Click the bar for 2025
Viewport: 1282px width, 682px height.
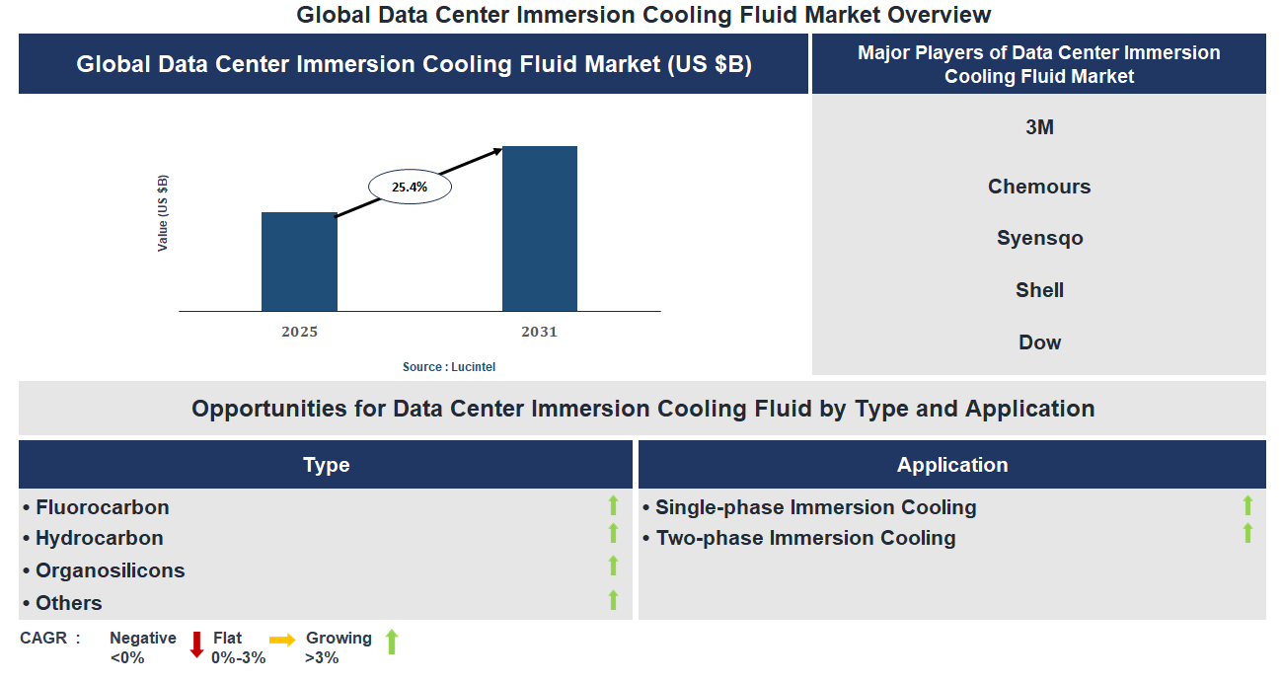pyautogui.click(x=299, y=262)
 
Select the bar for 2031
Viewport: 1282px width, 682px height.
pyautogui.click(x=540, y=229)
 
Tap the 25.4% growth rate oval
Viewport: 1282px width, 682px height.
pyautogui.click(x=409, y=186)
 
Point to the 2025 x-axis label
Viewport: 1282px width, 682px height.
pyautogui.click(x=299, y=332)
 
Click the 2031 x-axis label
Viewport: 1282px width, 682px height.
pyautogui.click(x=540, y=332)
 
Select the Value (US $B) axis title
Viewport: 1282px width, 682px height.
pyautogui.click(x=163, y=213)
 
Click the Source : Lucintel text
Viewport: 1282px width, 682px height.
pyautogui.click(x=449, y=367)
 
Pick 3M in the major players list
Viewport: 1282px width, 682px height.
pyautogui.click(x=1039, y=127)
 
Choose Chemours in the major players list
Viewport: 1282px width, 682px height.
pyautogui.click(x=1039, y=187)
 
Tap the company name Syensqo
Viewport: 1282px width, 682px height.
pyautogui.click(x=1039, y=238)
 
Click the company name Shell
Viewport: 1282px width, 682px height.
pyautogui.click(x=1039, y=290)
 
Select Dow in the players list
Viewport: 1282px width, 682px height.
pyautogui.click(x=1039, y=342)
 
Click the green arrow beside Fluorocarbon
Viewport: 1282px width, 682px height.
pyautogui.click(x=613, y=505)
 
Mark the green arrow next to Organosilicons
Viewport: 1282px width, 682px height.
pyautogui.click(x=613, y=566)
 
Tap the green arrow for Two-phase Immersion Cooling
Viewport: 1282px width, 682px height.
pyautogui.click(x=1247, y=534)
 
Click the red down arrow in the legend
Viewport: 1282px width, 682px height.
pyautogui.click(x=196, y=644)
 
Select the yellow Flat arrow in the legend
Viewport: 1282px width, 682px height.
pyautogui.click(x=282, y=641)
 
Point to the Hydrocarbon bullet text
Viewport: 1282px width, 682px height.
pyautogui.click(x=99, y=538)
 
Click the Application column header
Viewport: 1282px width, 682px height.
pyautogui.click(x=952, y=465)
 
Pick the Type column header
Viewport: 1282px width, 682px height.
pyautogui.click(x=326, y=465)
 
